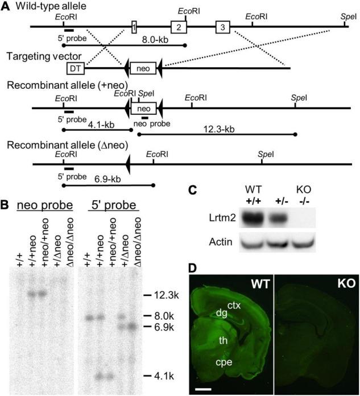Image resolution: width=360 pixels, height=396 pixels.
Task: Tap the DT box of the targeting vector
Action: tap(75, 68)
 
